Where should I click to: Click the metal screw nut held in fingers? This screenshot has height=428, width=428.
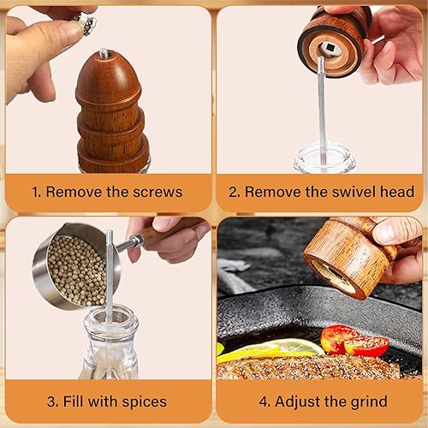(x=86, y=23)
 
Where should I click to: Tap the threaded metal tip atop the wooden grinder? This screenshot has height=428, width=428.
(x=104, y=54)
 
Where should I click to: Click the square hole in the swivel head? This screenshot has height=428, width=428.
(x=330, y=49)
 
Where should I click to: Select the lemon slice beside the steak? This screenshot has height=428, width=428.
(x=271, y=350)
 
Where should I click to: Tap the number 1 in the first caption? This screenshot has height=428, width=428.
(x=35, y=192)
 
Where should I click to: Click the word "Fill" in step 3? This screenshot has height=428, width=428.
(x=74, y=401)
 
